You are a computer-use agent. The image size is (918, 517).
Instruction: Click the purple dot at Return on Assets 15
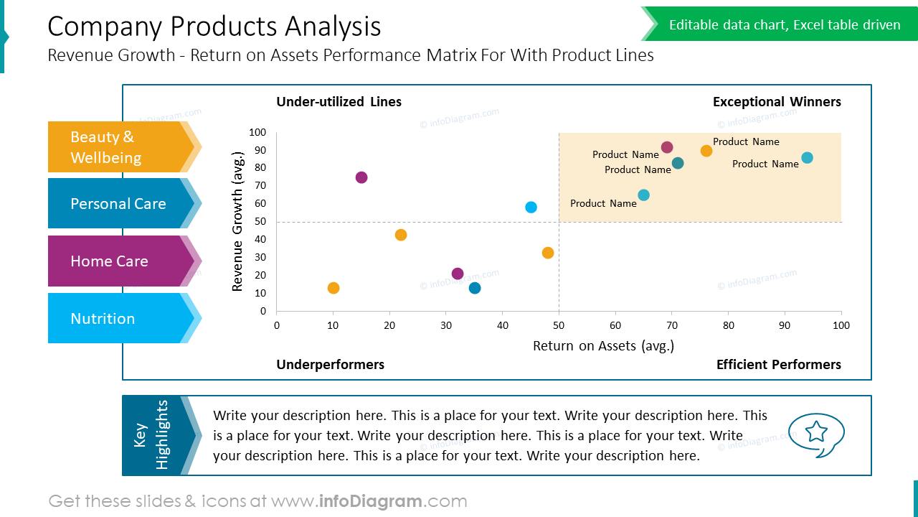(x=361, y=177)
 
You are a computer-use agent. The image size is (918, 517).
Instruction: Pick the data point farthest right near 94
(x=807, y=158)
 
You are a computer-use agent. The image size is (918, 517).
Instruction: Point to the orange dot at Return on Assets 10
(x=333, y=288)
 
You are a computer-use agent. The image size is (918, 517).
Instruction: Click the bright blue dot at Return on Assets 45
(x=531, y=208)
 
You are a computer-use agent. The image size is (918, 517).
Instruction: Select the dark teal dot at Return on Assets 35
(x=475, y=288)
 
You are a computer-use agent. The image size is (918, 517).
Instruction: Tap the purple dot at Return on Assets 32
(x=458, y=274)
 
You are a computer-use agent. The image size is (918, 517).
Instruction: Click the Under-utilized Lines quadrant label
(x=339, y=102)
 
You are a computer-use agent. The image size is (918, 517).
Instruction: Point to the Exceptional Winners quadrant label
(x=777, y=102)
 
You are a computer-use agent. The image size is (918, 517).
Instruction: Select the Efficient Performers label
(x=778, y=365)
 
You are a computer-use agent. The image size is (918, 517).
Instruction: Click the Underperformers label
(x=330, y=365)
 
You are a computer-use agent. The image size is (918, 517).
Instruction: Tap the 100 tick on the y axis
(x=257, y=133)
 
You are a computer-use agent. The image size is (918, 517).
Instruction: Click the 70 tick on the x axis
(x=672, y=325)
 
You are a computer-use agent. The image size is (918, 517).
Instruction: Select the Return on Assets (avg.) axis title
(x=603, y=346)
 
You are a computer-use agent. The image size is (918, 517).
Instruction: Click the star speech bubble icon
(x=816, y=434)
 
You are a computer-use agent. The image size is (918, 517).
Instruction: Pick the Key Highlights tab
(x=152, y=435)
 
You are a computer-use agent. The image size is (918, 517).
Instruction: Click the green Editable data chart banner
(x=784, y=25)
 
